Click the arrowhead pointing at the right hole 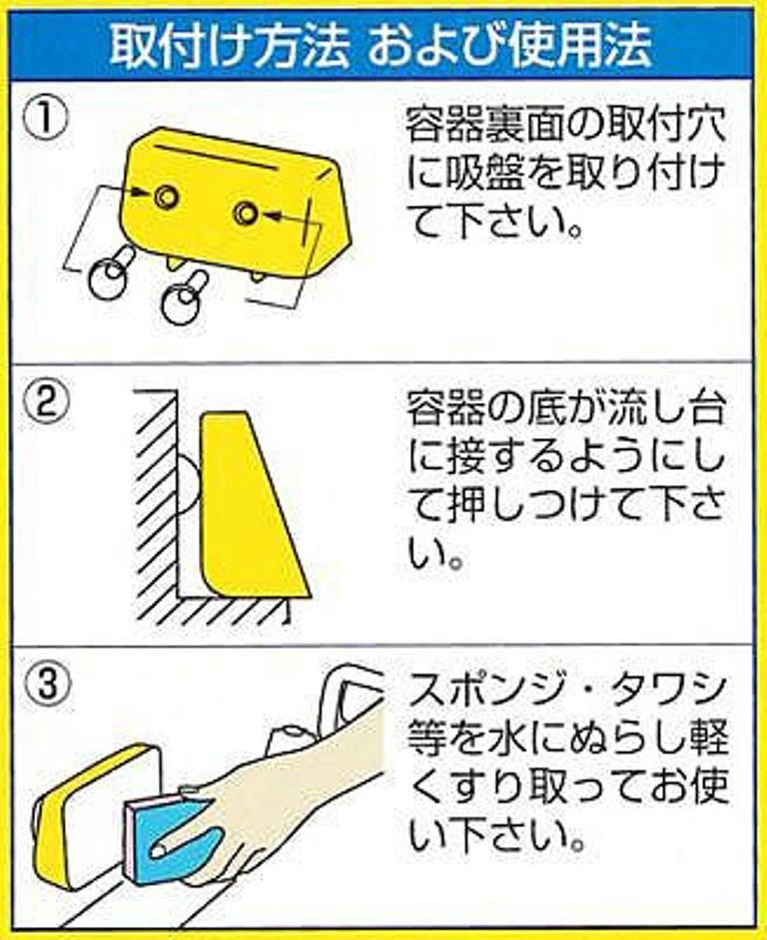tap(275, 215)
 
